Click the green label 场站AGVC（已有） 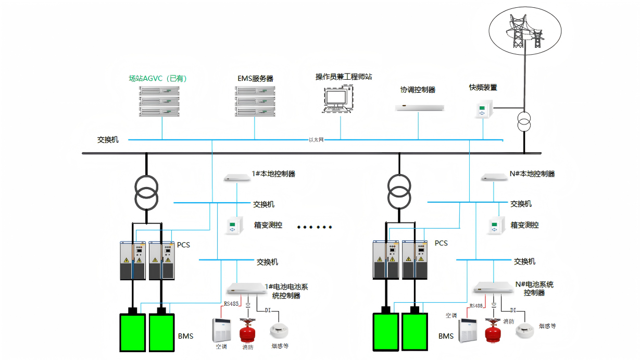click(158, 78)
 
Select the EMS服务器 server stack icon click(255, 101)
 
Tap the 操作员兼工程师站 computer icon click(338, 99)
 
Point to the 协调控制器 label click(418, 90)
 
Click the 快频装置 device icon click(484, 109)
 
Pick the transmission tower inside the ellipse click(524, 31)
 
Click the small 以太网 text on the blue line click(316, 140)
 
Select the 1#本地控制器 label click(273, 174)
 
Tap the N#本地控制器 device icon click(494, 177)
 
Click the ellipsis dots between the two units click(315, 227)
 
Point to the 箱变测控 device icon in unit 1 click(234, 226)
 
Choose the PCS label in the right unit click(441, 243)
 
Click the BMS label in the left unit click(186, 336)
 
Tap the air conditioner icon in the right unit click(468, 330)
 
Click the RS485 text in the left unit click(231, 304)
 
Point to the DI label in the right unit click(513, 310)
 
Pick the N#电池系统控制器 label click(534, 289)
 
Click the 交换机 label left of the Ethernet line click(108, 140)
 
